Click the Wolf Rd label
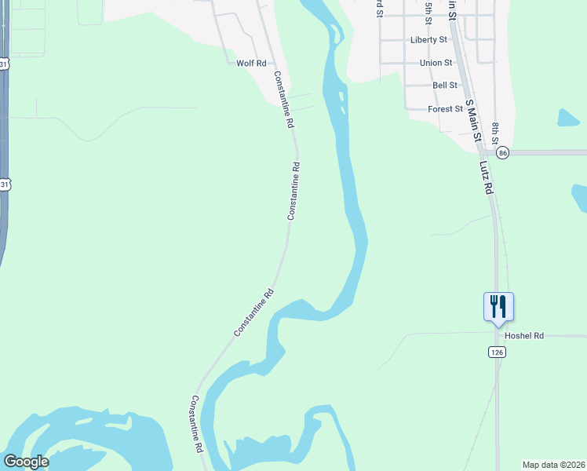pos(251,63)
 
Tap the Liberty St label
pos(428,39)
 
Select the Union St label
pos(436,63)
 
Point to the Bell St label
pos(445,86)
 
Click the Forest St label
pos(445,109)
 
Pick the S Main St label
pos(472,120)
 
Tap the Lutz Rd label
pos(486,179)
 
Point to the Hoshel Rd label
pos(524,336)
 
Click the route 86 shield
pos(503,152)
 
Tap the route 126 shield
pos(496,352)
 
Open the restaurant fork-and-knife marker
pos(498,306)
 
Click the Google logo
pos(26,462)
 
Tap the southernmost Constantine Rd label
pos(196,424)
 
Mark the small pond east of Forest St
pos(567,118)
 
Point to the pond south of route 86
pos(579,197)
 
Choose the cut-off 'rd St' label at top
pos(380,8)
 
